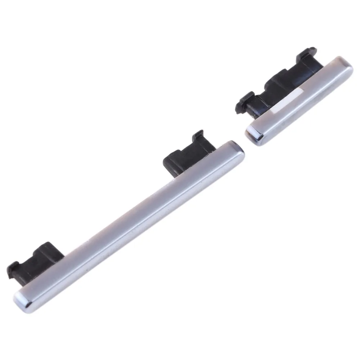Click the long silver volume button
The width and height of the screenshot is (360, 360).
(130, 223)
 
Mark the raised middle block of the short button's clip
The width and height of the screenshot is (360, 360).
(277, 81)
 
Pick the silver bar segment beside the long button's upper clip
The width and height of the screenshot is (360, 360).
(202, 169)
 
